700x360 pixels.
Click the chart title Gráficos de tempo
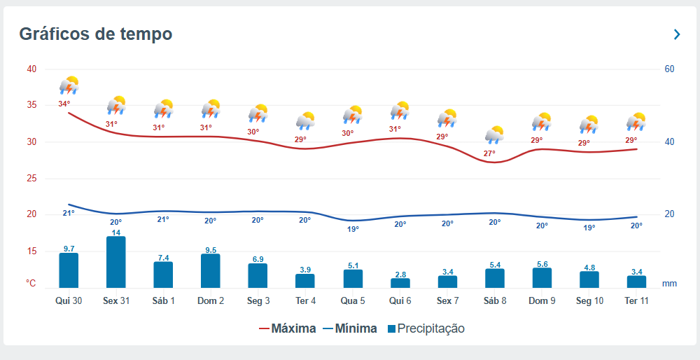tap(95, 34)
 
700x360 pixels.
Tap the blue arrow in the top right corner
tap(677, 34)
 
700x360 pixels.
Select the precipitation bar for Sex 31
tap(116, 262)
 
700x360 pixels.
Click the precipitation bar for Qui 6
tap(400, 283)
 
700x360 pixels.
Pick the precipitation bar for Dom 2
tap(211, 270)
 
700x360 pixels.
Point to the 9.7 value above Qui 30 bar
tap(69, 249)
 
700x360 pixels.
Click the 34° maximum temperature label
tap(64, 104)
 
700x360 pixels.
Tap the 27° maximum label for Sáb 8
tap(489, 153)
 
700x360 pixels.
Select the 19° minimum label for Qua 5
tap(353, 229)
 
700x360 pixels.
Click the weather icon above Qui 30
tap(69, 85)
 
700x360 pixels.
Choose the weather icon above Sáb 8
tap(495, 134)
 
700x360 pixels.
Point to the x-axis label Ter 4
tap(305, 300)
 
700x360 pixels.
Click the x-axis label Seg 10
tap(589, 300)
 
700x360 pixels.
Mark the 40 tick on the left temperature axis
tap(31, 69)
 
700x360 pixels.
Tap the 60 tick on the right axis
tap(669, 69)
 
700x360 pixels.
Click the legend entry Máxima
tap(287, 328)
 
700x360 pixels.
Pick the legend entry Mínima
tap(350, 328)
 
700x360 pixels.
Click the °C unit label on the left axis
tap(31, 284)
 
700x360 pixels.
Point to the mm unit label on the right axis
tap(669, 284)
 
